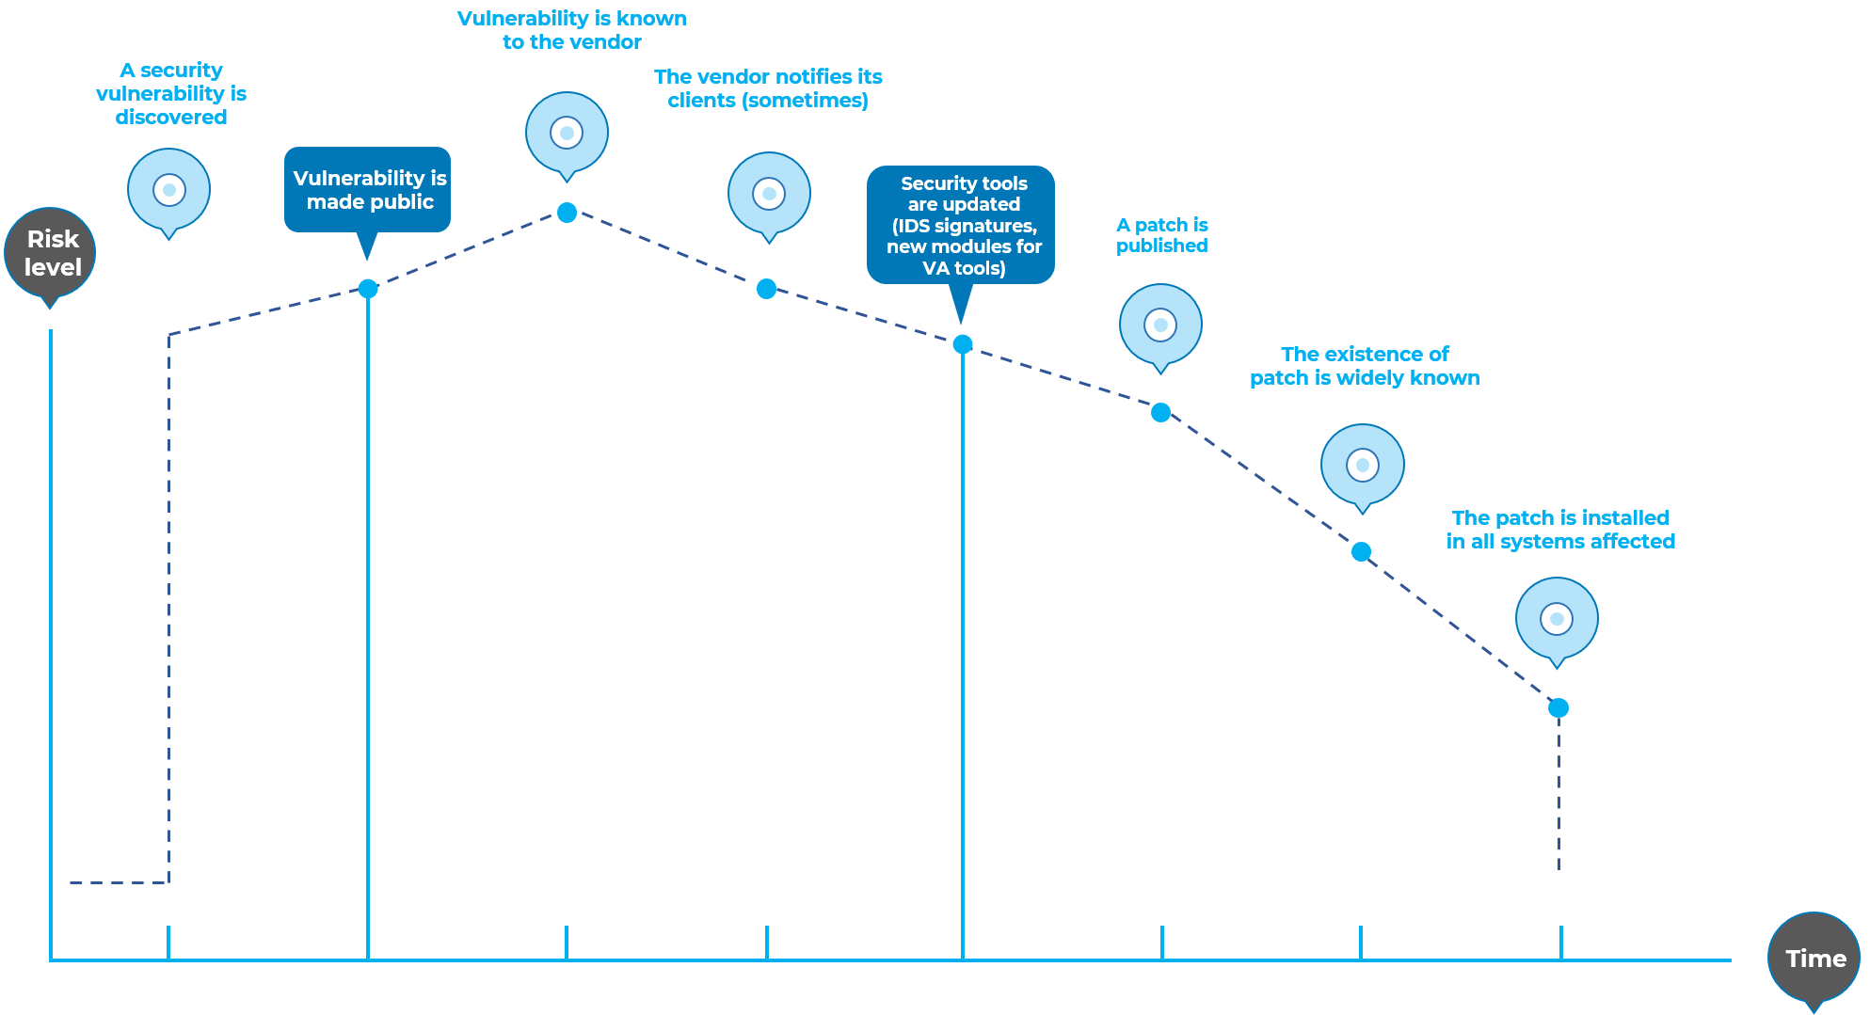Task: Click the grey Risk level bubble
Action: pyautogui.click(x=51, y=253)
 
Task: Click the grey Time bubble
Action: pyautogui.click(x=1814, y=959)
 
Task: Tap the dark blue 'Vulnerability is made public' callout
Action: pyautogui.click(x=368, y=190)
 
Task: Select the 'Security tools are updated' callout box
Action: pyautogui.click(x=962, y=226)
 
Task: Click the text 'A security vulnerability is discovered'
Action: pyautogui.click(x=171, y=94)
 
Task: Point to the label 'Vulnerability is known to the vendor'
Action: pyautogui.click(x=572, y=30)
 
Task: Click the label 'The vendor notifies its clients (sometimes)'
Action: pyautogui.click(x=768, y=88)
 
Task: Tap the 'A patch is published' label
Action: pyautogui.click(x=1162, y=235)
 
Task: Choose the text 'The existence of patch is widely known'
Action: pyautogui.click(x=1365, y=366)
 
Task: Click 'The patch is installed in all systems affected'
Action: pyautogui.click(x=1560, y=530)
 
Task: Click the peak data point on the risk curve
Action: pyautogui.click(x=567, y=213)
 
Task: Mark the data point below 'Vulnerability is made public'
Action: pyautogui.click(x=368, y=289)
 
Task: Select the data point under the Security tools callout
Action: pyautogui.click(x=963, y=344)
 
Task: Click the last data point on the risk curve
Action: pyautogui.click(x=1558, y=707)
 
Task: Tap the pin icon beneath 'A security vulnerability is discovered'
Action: pyautogui.click(x=169, y=190)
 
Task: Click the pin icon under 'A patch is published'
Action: pyautogui.click(x=1160, y=325)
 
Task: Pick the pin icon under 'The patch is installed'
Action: pyautogui.click(x=1557, y=619)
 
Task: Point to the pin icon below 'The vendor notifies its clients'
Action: pyautogui.click(x=769, y=194)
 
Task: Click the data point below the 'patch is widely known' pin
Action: pyautogui.click(x=1361, y=552)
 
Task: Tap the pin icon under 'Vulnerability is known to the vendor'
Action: pyautogui.click(x=567, y=134)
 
